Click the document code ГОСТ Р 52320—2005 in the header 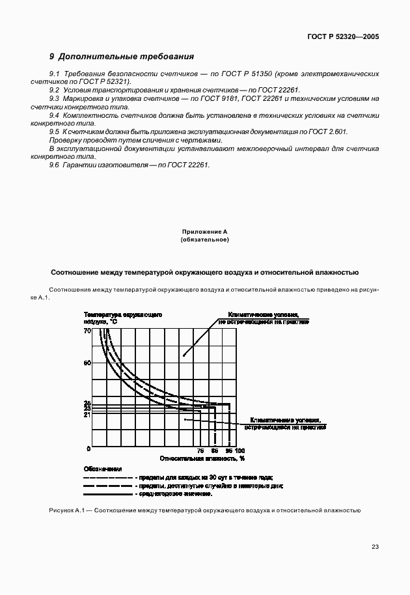342,37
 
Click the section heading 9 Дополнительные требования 122,57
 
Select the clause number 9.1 55,75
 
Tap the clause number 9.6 55,165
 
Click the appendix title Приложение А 204,232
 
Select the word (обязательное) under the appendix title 204,240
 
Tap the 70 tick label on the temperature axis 87,331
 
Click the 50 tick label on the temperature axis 87,362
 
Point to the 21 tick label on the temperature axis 87,415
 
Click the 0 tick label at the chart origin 89,449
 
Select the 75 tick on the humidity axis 200,451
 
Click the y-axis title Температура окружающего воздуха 123,318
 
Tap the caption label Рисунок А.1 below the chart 68,511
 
